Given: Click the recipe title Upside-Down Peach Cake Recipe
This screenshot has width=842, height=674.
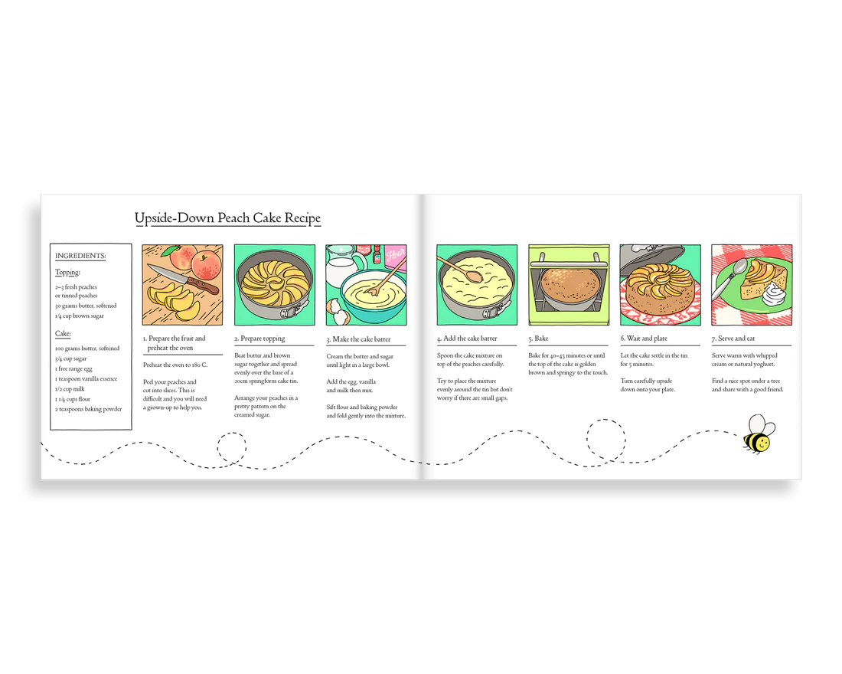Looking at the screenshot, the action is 227,218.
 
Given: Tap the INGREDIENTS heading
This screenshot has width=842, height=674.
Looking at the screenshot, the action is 80,256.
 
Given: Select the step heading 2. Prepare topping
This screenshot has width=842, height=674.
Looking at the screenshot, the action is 259,339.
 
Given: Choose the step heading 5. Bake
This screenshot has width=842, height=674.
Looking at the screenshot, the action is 538,339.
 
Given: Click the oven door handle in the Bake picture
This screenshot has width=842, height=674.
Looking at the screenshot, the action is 569,264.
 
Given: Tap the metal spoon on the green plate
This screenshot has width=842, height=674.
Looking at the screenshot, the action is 726,279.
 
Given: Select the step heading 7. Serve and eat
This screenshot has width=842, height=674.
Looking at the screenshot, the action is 733,339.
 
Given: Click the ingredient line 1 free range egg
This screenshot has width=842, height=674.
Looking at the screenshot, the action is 73,368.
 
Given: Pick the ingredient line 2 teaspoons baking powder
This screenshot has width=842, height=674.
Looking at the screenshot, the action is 88,409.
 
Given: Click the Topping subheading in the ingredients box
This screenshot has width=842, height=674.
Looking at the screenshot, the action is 67,273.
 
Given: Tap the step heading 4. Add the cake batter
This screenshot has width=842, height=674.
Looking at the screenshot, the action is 467,339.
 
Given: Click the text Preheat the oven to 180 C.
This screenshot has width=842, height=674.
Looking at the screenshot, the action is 175,365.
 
